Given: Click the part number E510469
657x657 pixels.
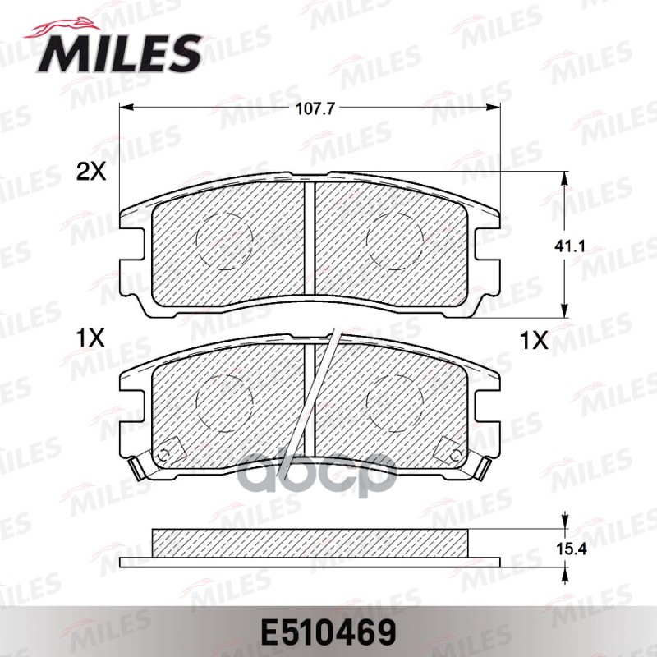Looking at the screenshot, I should pos(328,634).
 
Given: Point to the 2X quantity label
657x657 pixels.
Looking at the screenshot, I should pos(92,172).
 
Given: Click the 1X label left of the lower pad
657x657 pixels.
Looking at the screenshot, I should pos(90,338).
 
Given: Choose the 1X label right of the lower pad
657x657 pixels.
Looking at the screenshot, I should pos(534,338).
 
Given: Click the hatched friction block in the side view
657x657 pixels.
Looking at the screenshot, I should pos(310,542).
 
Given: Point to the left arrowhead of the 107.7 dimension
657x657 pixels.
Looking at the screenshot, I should pos(125,108).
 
